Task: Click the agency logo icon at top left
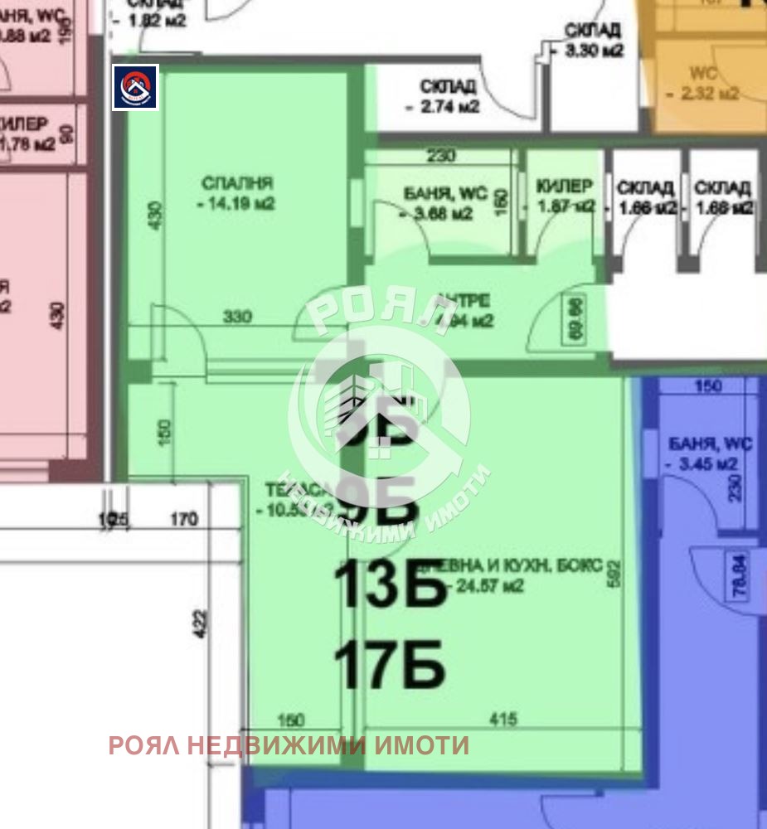pyautogui.click(x=135, y=86)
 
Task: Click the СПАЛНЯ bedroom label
pyautogui.click(x=237, y=182)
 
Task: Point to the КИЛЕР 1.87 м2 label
pyautogui.click(x=565, y=196)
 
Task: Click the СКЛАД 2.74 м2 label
pyautogui.click(x=447, y=95)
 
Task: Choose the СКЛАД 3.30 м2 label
pyautogui.click(x=592, y=40)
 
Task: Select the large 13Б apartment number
pyautogui.click(x=390, y=586)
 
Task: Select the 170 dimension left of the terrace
pyautogui.click(x=183, y=520)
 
